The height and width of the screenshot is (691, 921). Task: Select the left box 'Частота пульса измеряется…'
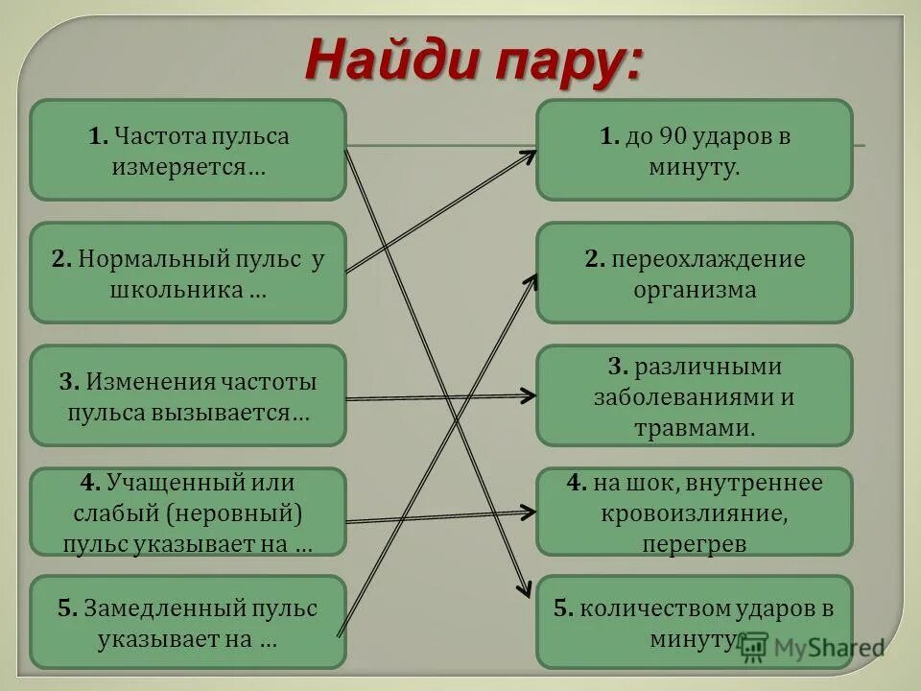click(188, 150)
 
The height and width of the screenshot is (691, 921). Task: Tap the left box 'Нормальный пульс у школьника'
click(188, 273)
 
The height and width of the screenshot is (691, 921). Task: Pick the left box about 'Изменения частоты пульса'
click(188, 395)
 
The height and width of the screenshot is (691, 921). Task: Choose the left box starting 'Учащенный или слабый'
click(188, 511)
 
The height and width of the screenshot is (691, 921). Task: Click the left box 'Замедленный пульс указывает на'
click(188, 622)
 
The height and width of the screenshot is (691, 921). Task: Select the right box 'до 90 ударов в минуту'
click(694, 150)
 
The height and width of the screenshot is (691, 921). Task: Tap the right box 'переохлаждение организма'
click(694, 273)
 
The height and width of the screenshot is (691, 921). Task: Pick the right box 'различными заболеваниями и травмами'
click(694, 395)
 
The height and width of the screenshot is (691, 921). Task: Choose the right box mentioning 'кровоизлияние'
click(694, 511)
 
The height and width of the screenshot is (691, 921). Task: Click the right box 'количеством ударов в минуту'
click(694, 622)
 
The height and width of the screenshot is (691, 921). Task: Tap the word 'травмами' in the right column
click(695, 427)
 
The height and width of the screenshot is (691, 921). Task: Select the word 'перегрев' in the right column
click(695, 543)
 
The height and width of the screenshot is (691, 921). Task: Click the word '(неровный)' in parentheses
click(236, 512)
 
